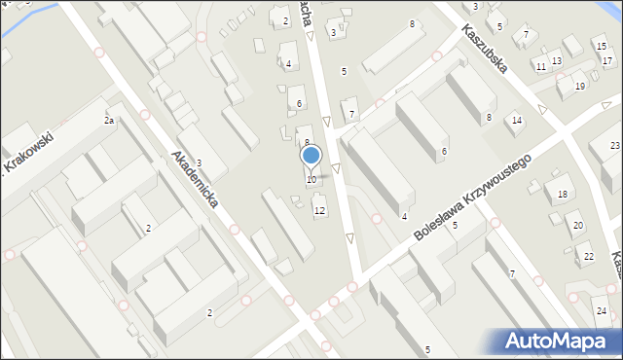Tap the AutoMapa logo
tap(559, 341)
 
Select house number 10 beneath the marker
tap(311, 180)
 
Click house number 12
tap(319, 211)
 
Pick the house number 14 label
tap(517, 121)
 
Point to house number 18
tap(562, 195)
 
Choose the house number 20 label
tap(577, 226)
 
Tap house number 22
tap(587, 257)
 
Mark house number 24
tap(602, 311)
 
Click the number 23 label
tap(615, 146)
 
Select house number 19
tap(580, 88)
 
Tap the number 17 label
tap(607, 60)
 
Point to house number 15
tap(598, 47)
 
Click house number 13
tap(556, 61)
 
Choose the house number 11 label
tap(540, 67)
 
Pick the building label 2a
tap(110, 121)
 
